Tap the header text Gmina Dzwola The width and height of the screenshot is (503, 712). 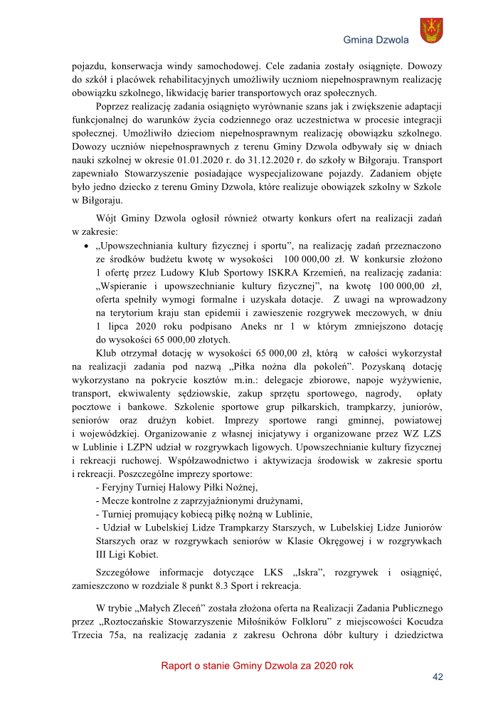pos(376,40)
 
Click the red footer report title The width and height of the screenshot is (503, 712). pos(257,666)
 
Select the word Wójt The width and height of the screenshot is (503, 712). pos(108,218)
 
